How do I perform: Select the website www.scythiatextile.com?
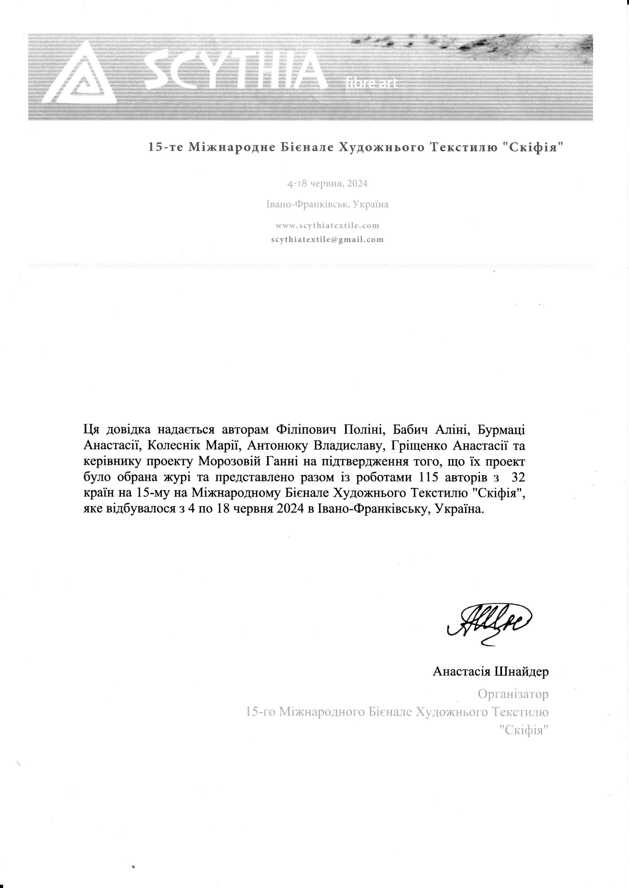pos(327,225)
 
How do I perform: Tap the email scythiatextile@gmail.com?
pos(327,240)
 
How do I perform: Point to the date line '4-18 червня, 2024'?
pos(327,183)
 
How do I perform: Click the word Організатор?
pos(513,693)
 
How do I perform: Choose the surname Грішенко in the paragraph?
pos(415,446)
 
